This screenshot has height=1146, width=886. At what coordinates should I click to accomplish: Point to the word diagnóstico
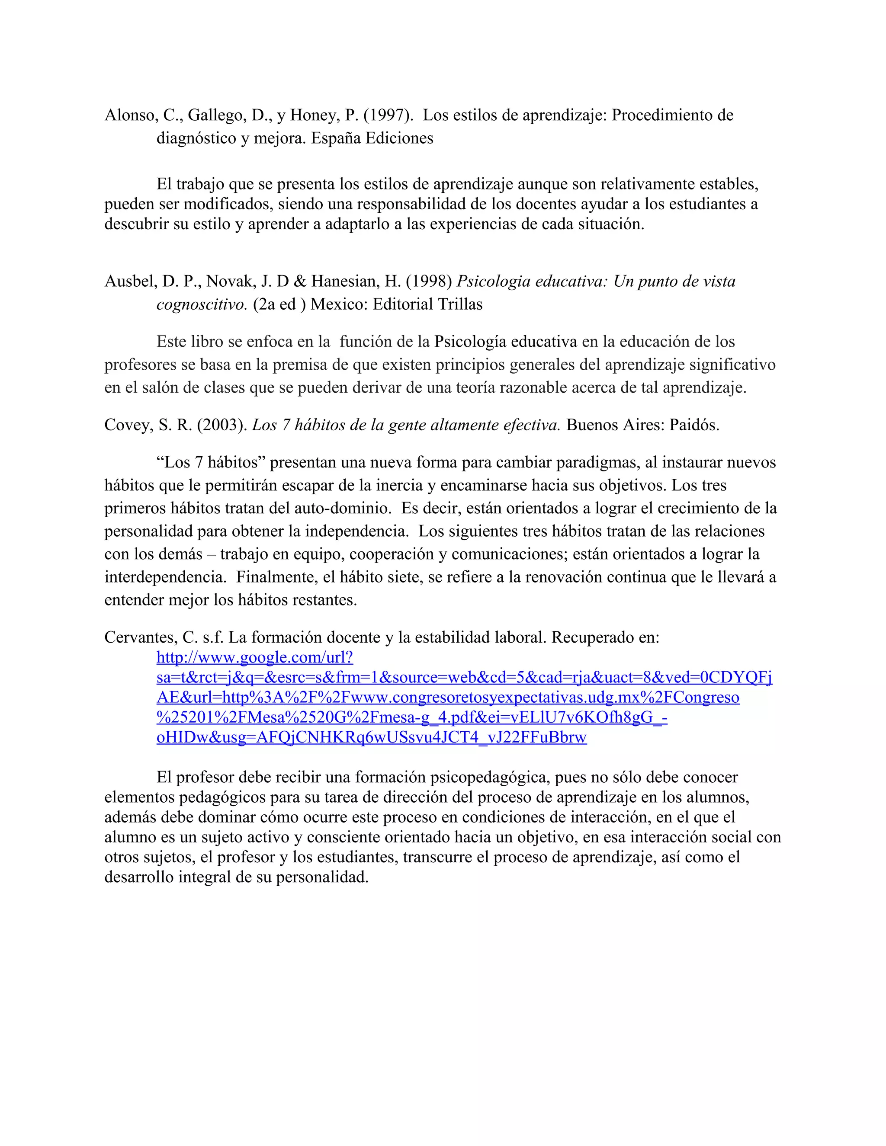click(x=196, y=138)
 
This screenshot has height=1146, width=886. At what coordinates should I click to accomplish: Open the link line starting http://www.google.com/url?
click(x=254, y=657)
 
